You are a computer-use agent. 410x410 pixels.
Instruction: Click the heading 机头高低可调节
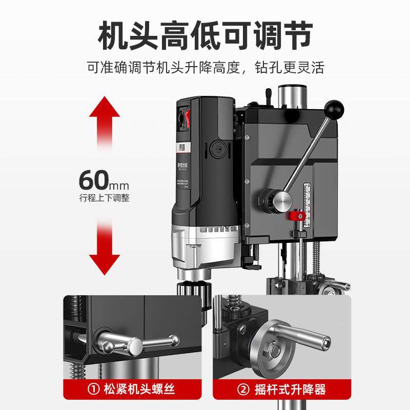point(205,35)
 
